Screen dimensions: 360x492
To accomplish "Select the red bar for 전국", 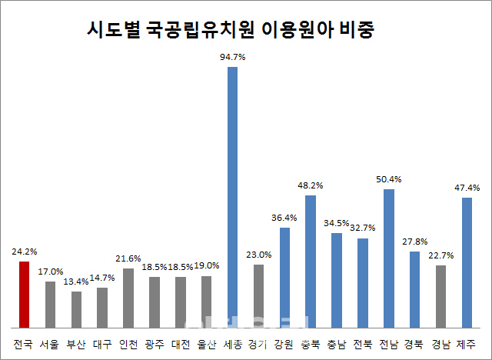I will tap(24, 294).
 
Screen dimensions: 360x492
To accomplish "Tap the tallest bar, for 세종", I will tap(232, 196).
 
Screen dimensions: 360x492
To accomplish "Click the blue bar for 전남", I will tap(389, 258).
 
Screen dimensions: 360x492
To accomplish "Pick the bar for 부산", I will tap(76, 308).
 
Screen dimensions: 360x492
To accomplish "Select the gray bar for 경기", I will tap(258, 295).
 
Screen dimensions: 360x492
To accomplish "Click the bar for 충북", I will tap(311, 261).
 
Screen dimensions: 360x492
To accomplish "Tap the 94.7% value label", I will tap(232, 56).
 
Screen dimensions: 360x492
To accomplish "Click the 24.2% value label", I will tap(25, 252).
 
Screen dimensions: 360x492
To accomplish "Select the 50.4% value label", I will tap(389, 179).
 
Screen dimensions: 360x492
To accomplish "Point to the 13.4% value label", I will tap(76, 282).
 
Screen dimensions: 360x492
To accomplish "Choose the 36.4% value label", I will tap(284, 218).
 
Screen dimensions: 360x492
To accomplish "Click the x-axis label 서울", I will tap(50, 344).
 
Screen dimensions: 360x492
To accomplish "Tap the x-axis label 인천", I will tap(128, 344).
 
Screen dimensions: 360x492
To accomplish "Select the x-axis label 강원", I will tap(284, 344).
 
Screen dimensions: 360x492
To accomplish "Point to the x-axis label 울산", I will tap(206, 344).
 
